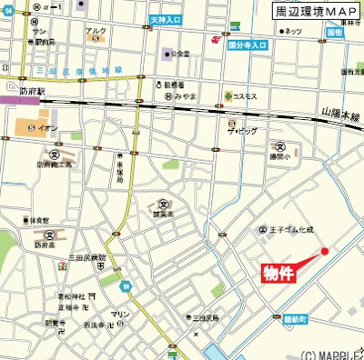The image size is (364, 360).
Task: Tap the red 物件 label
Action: [278, 274]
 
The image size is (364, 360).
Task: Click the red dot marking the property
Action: [324, 251]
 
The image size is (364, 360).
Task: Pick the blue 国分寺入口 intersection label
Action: [247, 44]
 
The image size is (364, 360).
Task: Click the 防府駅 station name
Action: [31, 91]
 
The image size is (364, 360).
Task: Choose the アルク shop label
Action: [96, 32]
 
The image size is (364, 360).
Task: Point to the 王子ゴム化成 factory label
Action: [290, 230]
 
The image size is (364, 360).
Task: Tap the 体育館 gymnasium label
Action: [37, 220]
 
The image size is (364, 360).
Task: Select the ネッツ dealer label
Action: [292, 31]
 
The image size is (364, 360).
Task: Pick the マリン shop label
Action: [120, 314]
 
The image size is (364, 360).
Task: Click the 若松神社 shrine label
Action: [71, 296]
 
